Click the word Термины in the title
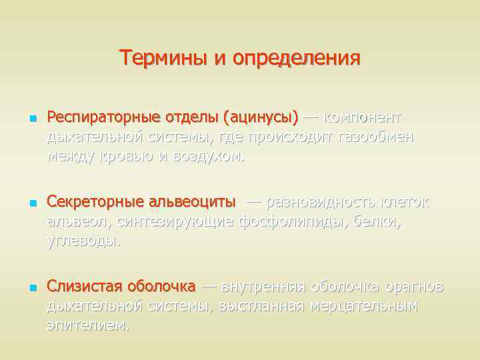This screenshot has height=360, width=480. pyautogui.click(x=164, y=59)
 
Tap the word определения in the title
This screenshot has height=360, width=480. pyautogui.click(x=297, y=59)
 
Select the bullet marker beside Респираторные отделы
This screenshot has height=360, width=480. pyautogui.click(x=31, y=119)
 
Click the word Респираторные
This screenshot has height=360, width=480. pyautogui.click(x=103, y=118)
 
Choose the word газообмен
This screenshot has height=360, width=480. pyautogui.click(x=376, y=137)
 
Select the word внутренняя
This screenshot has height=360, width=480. pyautogui.click(x=263, y=287)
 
